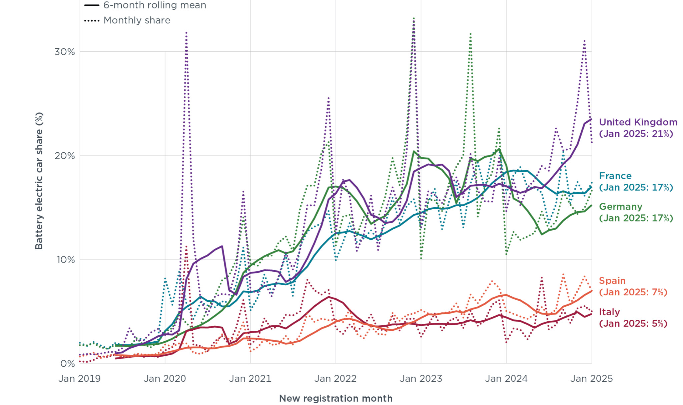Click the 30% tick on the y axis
tap(65, 52)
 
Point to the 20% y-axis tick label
tap(65, 156)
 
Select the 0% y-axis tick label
tap(68, 364)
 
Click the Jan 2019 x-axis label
tap(79, 379)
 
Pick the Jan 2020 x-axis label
tap(165, 379)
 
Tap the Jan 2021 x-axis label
tap(250, 379)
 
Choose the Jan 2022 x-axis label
tap(335, 379)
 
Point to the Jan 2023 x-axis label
tap(421, 379)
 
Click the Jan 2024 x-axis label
tap(506, 379)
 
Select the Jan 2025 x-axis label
tap(592, 379)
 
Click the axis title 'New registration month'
tap(335, 398)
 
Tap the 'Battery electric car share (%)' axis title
tap(39, 181)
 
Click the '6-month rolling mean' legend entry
tap(145, 5)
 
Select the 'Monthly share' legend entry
tap(127, 20)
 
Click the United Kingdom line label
tap(638, 128)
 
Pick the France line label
tap(636, 182)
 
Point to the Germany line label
tap(636, 212)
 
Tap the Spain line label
tap(633, 286)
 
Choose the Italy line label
tap(633, 318)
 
